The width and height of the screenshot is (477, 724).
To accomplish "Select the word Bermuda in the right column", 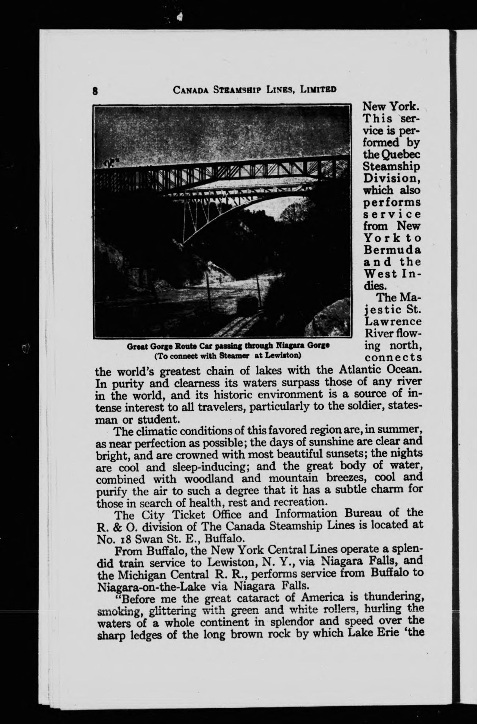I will tap(392, 250).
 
